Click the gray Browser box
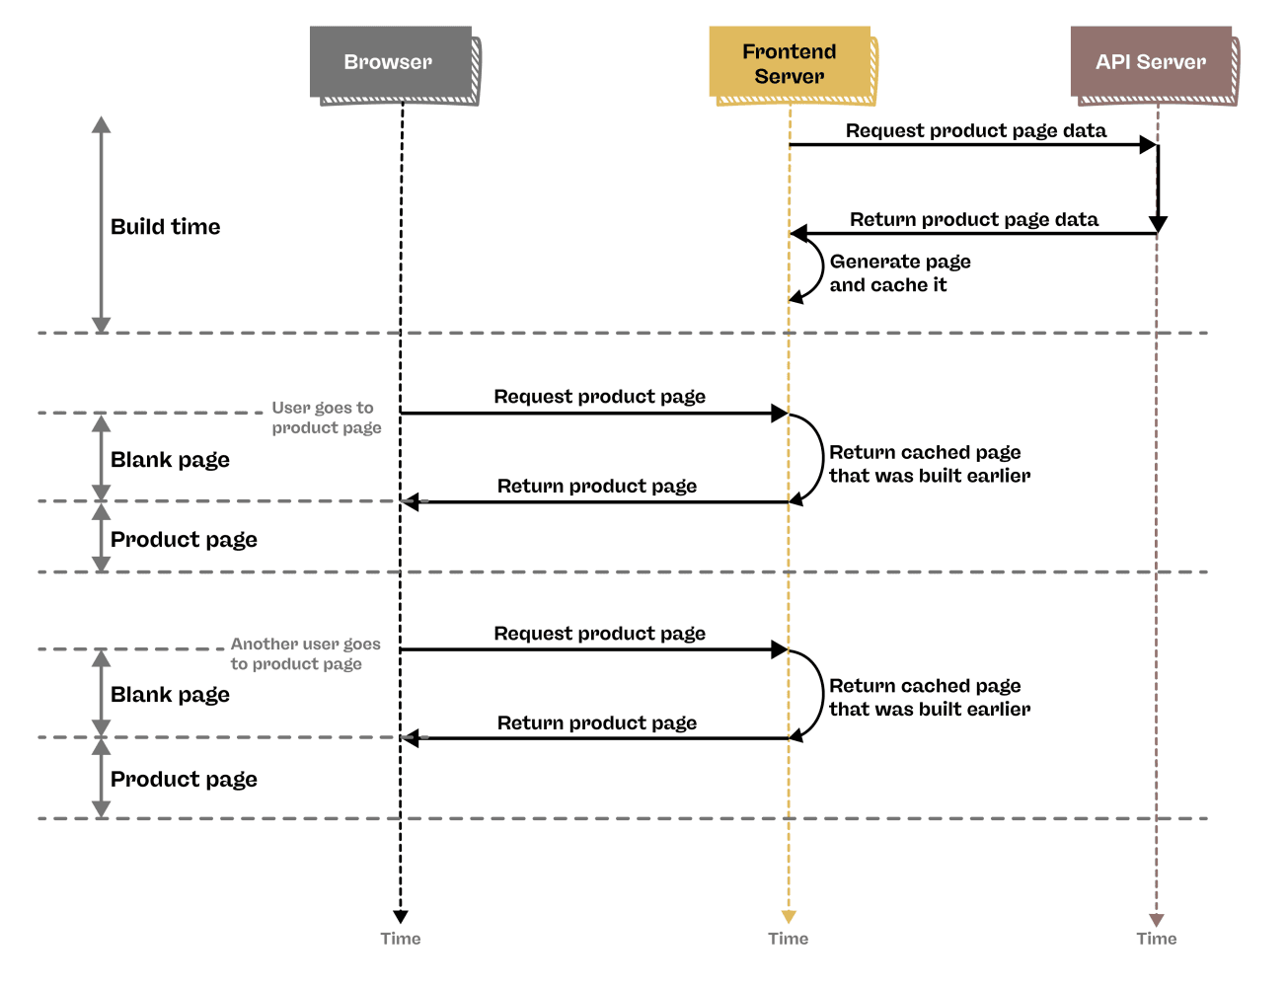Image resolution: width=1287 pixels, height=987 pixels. pos(390,62)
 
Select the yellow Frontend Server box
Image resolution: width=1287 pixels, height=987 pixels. pos(790,63)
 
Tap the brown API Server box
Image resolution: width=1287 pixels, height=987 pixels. pos(1151,62)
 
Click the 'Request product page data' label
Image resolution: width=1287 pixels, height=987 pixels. pos(975,130)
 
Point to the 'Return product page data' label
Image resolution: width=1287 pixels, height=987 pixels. pos(973,219)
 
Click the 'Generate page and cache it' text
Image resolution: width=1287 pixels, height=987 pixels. pos(899,273)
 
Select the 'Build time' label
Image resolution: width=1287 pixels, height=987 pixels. pos(165,227)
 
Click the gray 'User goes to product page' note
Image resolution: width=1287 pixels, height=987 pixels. pos(326,418)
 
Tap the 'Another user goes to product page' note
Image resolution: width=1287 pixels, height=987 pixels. pos(304,653)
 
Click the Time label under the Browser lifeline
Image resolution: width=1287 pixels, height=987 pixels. pos(401,939)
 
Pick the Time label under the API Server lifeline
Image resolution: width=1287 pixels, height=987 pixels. pos(1156,939)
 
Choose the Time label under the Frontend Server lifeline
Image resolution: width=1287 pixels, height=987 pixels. pos(788,939)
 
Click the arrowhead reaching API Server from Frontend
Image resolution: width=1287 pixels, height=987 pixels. pos(1148,145)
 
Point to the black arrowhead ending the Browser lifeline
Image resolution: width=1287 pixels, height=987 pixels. pos(401,917)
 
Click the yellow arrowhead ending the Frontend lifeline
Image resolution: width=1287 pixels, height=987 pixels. pos(788,917)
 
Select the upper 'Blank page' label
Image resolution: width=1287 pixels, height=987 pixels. pos(170,460)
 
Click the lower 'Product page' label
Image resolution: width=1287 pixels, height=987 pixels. pos(184,780)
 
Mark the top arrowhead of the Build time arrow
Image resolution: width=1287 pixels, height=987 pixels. pos(101,124)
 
